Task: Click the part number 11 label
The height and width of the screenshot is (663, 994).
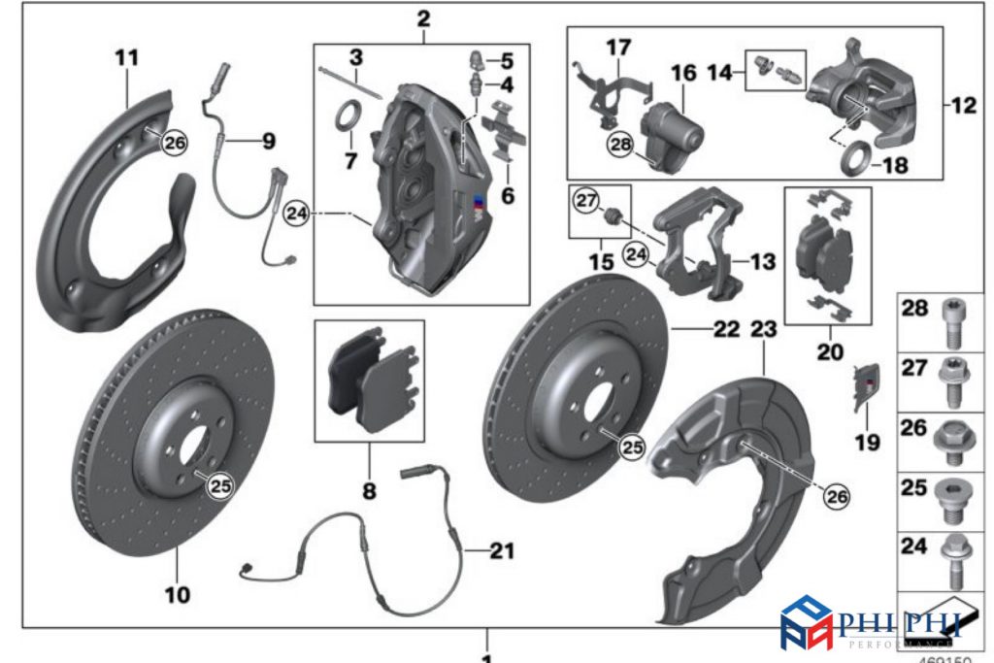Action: click(127, 58)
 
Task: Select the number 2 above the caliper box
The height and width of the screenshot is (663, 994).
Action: click(422, 18)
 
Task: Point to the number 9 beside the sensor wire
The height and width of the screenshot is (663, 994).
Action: click(267, 141)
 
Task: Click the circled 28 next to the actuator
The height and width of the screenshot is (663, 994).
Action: click(619, 145)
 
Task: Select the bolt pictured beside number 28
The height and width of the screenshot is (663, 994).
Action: click(950, 322)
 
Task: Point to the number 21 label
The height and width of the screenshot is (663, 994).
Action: click(501, 551)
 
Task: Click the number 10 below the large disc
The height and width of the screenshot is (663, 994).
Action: click(177, 593)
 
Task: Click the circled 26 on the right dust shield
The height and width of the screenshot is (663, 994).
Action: click(836, 495)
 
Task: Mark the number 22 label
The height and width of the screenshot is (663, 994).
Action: click(726, 330)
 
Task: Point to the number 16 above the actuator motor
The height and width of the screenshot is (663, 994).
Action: click(683, 73)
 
